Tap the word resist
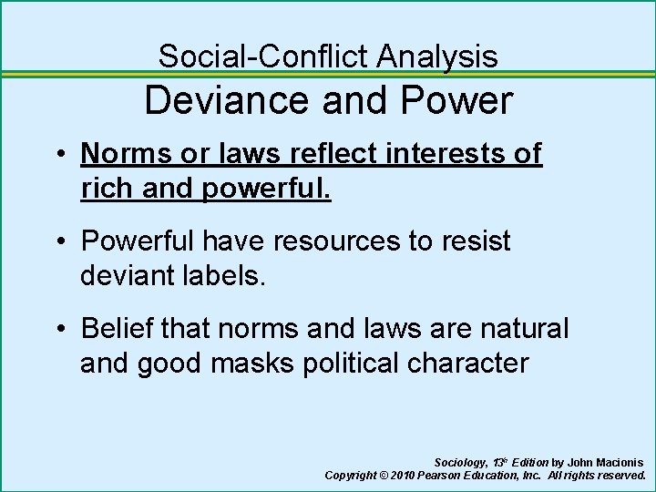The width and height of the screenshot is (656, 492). [478, 241]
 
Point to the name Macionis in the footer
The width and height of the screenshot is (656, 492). [615, 463]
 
